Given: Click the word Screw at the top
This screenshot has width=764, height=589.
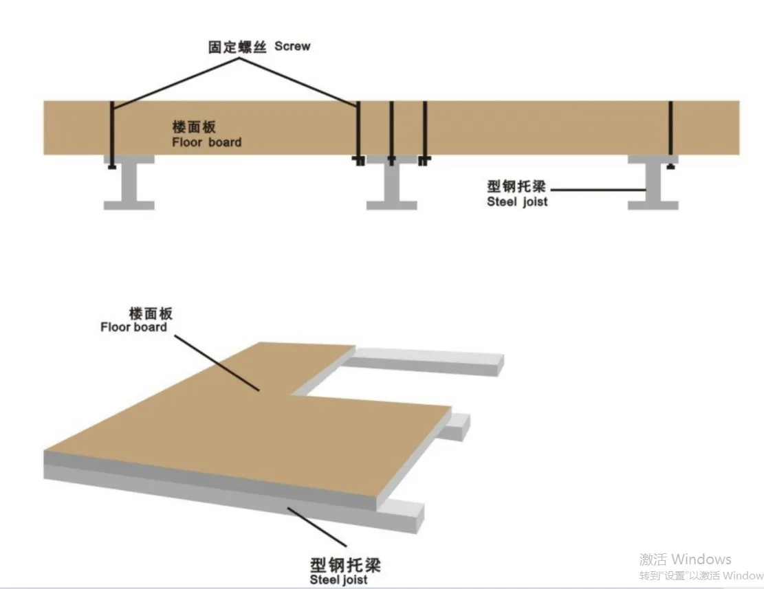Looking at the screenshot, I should coord(292,46).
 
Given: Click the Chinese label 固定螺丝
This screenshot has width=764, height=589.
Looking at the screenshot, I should coord(237,47).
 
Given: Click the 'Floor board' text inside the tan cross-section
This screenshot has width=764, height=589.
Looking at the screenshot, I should coord(206,142).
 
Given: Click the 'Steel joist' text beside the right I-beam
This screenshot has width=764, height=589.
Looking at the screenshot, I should coord(517,202).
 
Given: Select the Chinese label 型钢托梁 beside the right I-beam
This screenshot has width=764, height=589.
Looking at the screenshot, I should coord(516,187).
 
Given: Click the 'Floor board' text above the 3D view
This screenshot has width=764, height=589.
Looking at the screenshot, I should coord(133,327).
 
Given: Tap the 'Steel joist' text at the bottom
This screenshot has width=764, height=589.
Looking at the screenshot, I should coord(338,580).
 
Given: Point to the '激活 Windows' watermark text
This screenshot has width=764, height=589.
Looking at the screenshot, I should coord(685,559).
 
